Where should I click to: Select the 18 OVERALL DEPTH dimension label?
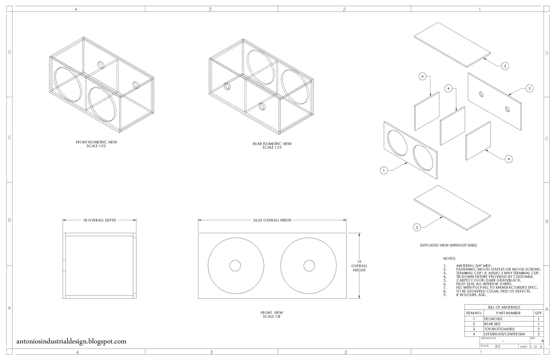pyautogui.click(x=99, y=220)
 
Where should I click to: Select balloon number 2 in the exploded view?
pyautogui.click(x=529, y=89)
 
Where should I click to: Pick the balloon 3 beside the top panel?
pyautogui.click(x=504, y=66)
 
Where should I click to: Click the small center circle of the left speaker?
pyautogui.click(x=235, y=266)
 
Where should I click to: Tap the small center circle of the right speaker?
pyautogui.click(x=309, y=266)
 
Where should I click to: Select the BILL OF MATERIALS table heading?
pyautogui.click(x=504, y=307)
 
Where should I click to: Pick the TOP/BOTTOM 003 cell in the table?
pyautogui.click(x=499, y=329)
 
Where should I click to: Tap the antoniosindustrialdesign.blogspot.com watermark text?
pyautogui.click(x=71, y=342)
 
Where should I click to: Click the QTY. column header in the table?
pyautogui.click(x=538, y=313)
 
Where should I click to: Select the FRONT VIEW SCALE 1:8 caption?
pyautogui.click(x=271, y=314)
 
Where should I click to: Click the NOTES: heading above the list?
pyautogui.click(x=449, y=258)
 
